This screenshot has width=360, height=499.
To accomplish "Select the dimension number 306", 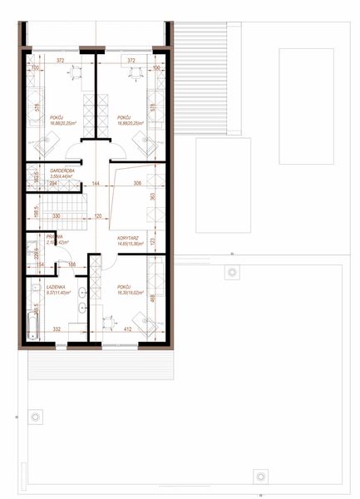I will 137,183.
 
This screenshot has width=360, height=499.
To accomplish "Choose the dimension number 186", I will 72,264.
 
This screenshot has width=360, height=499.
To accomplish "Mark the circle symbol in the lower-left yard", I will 35,416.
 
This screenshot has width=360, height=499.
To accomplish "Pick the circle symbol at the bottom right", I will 260,477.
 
